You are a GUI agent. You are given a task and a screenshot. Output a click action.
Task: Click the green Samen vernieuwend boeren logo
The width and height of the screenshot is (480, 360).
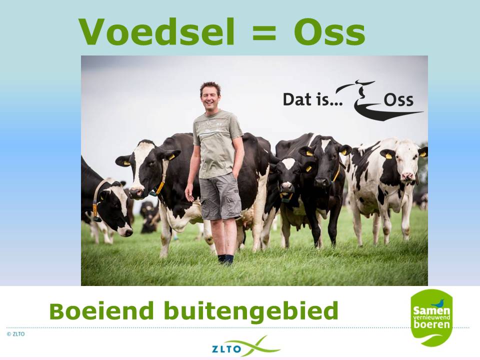(x=431, y=317)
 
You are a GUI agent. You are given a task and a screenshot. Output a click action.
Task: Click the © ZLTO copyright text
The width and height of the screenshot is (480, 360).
(x=15, y=333)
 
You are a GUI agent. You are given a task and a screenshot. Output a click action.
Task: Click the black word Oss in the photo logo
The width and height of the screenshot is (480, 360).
(x=398, y=100)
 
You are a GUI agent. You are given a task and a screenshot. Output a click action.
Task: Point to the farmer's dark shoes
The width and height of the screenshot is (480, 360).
(x=225, y=258)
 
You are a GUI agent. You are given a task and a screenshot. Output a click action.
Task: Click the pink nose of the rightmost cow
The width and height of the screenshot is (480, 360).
(x=407, y=176)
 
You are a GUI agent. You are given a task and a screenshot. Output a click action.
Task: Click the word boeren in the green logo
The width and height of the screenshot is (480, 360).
(x=431, y=325)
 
